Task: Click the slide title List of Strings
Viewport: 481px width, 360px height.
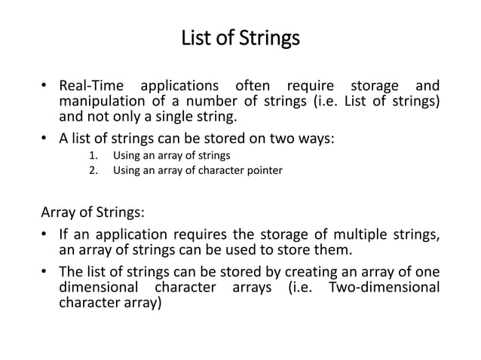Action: pos(240,38)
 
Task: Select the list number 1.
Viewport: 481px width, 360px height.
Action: pos(93,156)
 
